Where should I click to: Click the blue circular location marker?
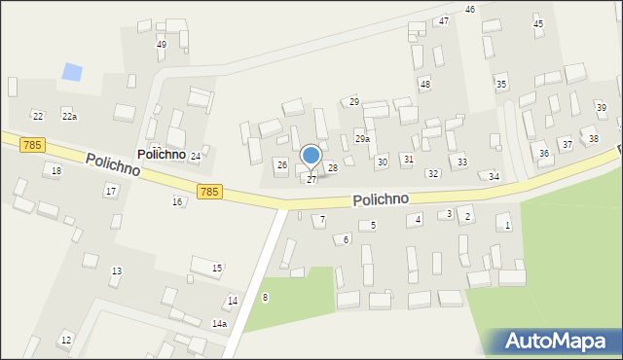311,155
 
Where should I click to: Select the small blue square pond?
72,72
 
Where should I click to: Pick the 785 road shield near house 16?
207,192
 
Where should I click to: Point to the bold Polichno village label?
162,155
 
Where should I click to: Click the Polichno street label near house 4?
381,198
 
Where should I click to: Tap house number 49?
162,45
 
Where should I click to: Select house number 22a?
69,117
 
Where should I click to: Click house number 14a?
219,324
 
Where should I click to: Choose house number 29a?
361,139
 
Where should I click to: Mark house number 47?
444,20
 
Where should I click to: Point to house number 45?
538,23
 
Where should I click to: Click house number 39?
602,107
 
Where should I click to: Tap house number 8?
265,297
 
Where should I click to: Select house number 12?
66,340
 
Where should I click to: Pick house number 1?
507,226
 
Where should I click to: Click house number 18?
56,171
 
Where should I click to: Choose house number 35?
501,85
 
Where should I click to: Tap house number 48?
424,85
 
